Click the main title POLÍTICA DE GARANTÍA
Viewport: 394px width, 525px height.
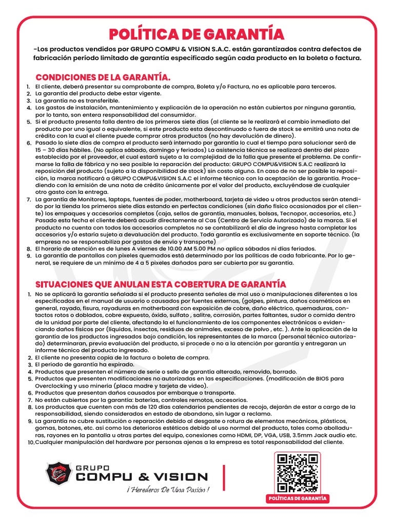coord(197,34)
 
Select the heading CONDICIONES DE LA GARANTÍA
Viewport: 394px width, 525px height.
coord(103,77)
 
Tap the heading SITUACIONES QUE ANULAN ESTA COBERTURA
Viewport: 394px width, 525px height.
coord(160,284)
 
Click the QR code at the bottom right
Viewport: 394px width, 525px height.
coord(297,473)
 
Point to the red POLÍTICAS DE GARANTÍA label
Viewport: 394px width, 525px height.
coord(298,499)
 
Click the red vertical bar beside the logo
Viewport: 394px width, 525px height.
coord(224,477)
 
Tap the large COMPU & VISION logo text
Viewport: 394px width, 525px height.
coord(141,477)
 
